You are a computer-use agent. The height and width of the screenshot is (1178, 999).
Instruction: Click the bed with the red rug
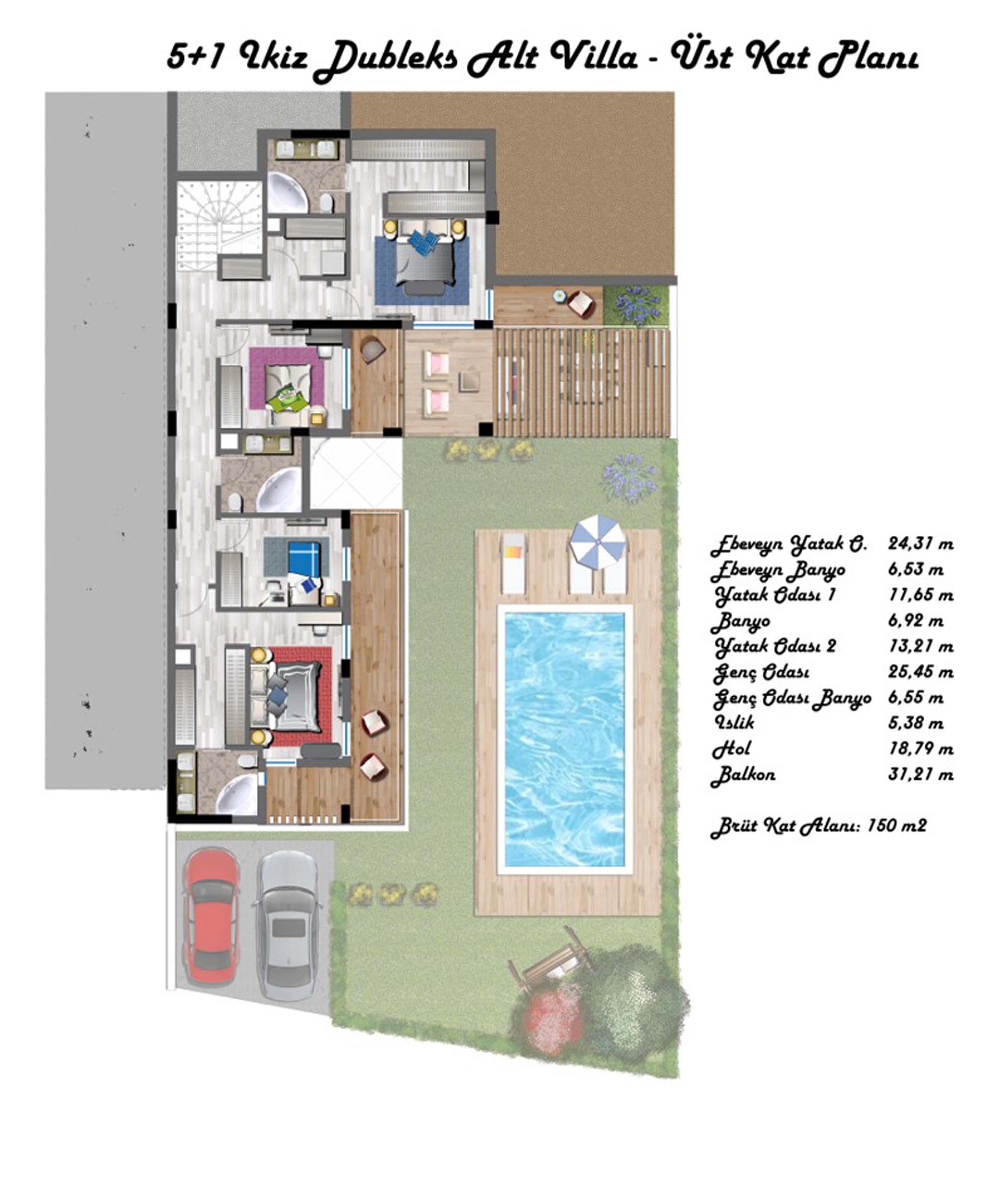(295, 696)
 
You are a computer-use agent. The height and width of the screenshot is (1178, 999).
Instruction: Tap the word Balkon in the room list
(742, 774)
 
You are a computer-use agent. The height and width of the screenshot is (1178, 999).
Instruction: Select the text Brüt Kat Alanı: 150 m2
(818, 826)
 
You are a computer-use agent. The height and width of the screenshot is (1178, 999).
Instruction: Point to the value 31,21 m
(920, 774)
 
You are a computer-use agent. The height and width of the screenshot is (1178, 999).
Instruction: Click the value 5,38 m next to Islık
(915, 723)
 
